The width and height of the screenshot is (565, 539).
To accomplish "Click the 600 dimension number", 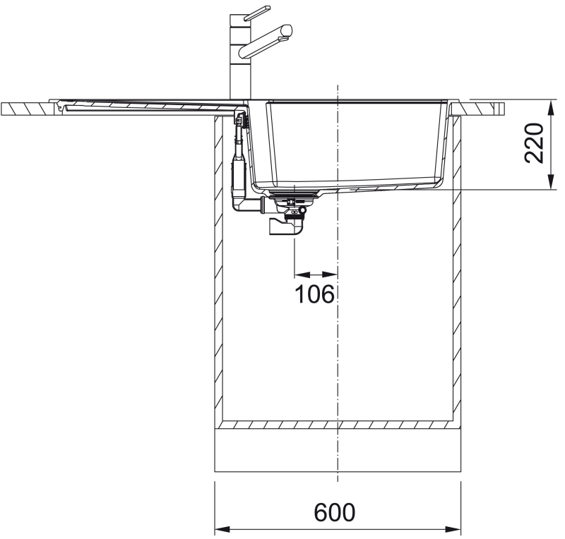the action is (334, 512).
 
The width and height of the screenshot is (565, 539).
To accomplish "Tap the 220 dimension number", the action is (534, 143).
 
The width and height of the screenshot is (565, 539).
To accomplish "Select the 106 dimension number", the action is (314, 294).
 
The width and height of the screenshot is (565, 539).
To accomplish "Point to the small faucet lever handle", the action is (257, 13).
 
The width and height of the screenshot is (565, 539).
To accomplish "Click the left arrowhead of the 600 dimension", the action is (222, 530).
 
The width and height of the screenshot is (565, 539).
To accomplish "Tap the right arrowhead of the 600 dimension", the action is (453, 530).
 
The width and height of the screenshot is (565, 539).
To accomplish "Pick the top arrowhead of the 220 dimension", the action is (551, 107).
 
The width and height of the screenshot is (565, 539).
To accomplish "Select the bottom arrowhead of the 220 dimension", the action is (551, 182).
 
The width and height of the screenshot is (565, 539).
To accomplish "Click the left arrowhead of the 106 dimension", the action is (302, 274).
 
